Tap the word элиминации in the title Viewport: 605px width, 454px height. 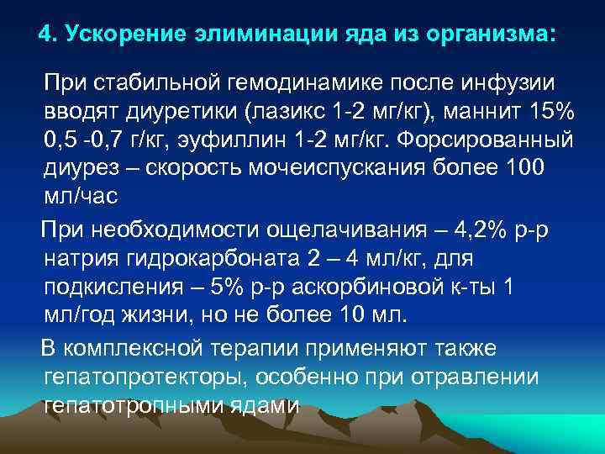pyautogui.click(x=242, y=35)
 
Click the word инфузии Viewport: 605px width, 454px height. pyautogui.click(x=519, y=84)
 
